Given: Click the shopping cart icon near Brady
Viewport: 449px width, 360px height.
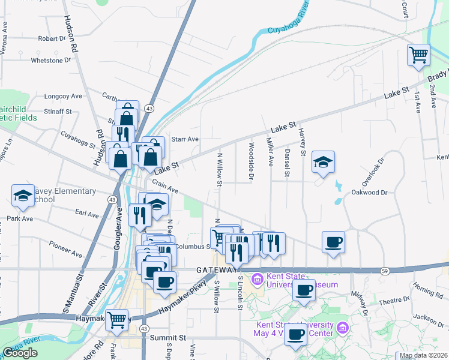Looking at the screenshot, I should (x=418, y=55).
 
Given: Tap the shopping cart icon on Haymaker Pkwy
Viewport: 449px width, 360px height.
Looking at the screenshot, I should (x=117, y=320).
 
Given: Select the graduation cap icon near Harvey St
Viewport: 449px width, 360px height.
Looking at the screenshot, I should (x=323, y=161).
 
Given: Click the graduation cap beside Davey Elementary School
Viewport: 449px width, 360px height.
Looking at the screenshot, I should (x=23, y=195).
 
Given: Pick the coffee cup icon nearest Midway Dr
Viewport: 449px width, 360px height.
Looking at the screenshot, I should (x=333, y=242).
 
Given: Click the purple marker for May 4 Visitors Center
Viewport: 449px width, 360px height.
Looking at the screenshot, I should (x=342, y=328).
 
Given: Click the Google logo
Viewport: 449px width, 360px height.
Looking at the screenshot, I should (x=20, y=353).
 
